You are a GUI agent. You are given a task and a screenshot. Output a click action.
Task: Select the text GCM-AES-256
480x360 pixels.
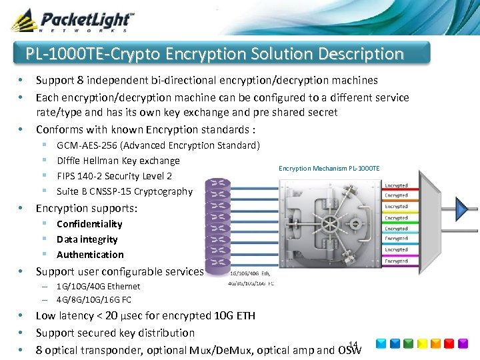point(87,145)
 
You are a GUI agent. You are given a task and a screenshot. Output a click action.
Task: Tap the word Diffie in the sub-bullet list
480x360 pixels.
point(69,161)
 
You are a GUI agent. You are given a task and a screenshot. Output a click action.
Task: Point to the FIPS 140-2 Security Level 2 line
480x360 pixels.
point(114,176)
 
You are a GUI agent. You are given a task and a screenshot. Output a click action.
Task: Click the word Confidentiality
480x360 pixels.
point(89,224)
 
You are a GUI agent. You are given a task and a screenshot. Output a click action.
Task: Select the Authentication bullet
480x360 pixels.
point(90,255)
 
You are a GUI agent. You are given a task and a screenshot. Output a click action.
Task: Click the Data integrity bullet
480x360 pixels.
point(87,239)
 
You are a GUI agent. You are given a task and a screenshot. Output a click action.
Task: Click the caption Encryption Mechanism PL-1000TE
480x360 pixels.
point(329,168)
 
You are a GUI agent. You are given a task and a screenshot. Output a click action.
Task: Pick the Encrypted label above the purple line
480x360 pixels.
point(396,261)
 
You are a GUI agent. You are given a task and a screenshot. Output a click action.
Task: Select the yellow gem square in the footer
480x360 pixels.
point(423,344)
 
